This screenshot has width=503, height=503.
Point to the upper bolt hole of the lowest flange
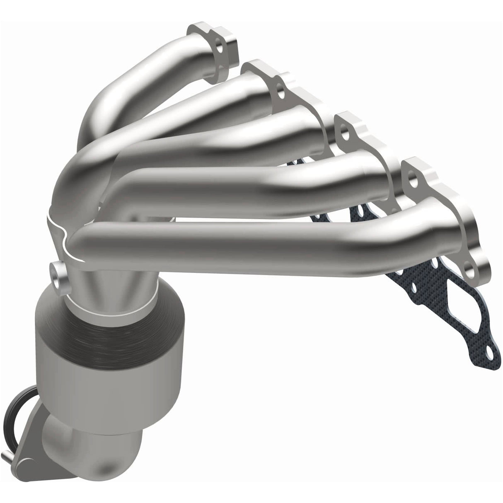pyautogui.click(x=411, y=179)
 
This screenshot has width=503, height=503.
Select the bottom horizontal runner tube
pyautogui.click(x=249, y=244)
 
